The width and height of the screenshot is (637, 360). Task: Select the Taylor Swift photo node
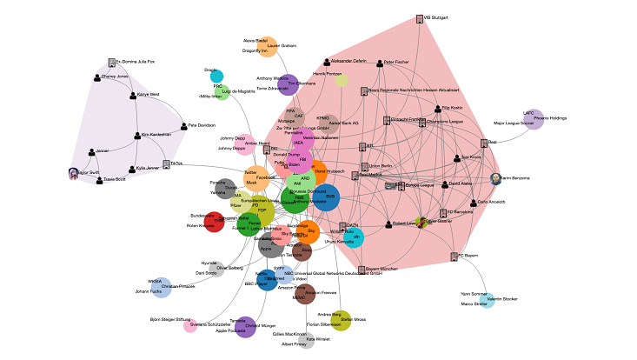74,173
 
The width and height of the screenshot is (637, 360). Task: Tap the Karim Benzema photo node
495,178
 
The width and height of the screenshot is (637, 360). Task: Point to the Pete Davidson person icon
183,125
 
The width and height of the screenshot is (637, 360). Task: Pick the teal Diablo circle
216,76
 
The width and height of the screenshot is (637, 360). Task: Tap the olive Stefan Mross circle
342,320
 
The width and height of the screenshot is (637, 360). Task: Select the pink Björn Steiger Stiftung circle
190,326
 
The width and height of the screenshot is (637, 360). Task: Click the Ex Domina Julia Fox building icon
112,62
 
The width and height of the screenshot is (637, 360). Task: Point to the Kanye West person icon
132,94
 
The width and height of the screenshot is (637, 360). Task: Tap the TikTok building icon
166,163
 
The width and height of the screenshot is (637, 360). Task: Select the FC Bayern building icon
454,256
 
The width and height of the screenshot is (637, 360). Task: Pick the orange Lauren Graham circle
269,47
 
